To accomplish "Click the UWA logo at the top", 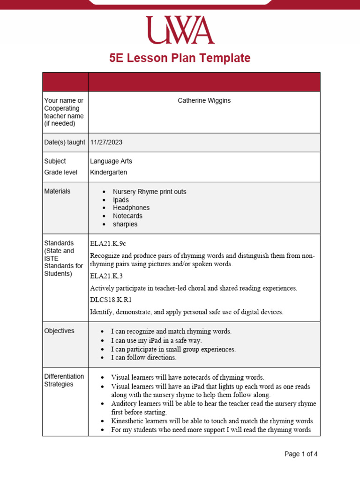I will coord(180,30).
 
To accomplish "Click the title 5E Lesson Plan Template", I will coord(180,58).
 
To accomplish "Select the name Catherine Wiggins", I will coord(204,101).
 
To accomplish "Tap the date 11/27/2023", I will coord(106,142).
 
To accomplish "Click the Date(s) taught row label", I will coord(65,142).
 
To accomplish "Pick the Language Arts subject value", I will coord(111,161).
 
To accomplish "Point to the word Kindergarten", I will coord(108,172).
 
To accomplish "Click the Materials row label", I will coord(57,191).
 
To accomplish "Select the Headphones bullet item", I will coord(131,208).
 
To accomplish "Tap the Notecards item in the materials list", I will coord(127,216).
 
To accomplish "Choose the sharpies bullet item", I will coord(125,224).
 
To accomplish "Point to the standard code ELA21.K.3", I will coord(106,276).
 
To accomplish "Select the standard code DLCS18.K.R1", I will coord(110,300).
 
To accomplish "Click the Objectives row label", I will coord(59,331).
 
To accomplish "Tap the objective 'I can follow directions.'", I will coord(143,358).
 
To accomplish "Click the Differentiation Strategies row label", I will coord(64,380).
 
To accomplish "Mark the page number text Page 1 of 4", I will coord(301,454).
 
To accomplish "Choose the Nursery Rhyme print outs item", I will coord(150,192).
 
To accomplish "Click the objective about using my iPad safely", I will coord(156,341).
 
